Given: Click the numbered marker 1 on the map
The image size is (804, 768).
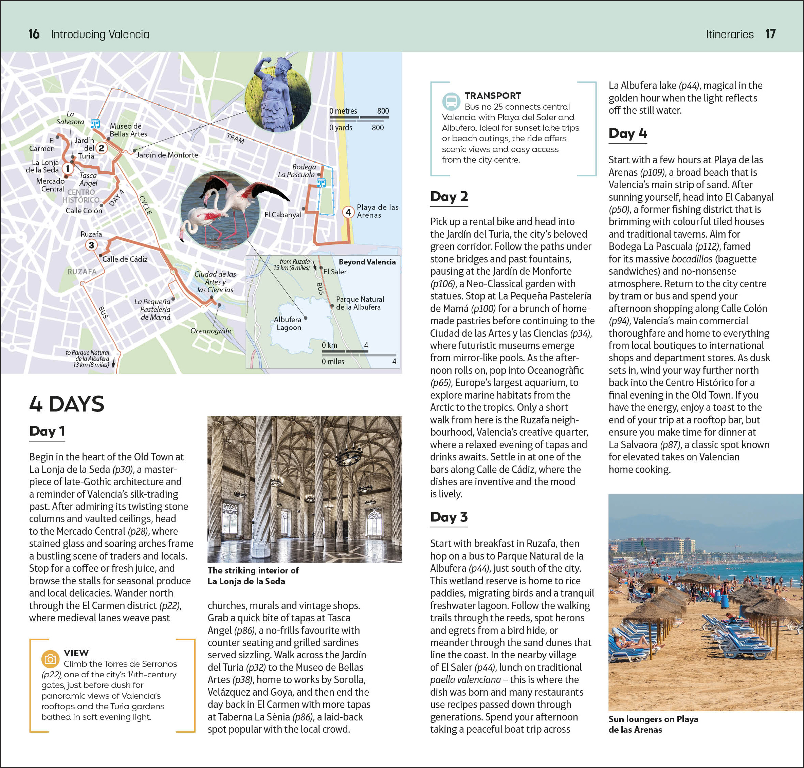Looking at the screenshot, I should [68, 168].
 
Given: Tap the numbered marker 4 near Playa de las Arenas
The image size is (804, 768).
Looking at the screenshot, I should [348, 212].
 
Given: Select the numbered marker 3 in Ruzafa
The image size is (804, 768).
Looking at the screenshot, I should [91, 245].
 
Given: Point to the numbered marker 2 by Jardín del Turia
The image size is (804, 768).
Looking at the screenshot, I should [101, 148].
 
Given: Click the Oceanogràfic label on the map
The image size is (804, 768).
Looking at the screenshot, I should [211, 331].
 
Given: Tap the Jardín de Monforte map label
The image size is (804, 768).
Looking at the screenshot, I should [167, 155].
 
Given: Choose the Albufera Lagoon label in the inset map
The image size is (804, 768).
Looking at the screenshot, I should [289, 324].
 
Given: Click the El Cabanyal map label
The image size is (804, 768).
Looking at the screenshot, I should [282, 215].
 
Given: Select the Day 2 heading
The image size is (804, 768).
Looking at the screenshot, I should [449, 197].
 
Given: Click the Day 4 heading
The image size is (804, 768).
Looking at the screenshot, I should [627, 133].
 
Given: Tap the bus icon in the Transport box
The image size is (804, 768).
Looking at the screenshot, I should [451, 101].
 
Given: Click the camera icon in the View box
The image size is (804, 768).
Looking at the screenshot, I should [50, 659].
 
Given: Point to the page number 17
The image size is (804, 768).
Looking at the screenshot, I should [770, 34].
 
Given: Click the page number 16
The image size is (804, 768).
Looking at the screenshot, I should [34, 34].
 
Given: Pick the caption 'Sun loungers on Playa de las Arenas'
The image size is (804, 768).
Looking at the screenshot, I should [653, 724].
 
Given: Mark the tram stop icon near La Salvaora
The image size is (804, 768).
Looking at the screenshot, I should [95, 123].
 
